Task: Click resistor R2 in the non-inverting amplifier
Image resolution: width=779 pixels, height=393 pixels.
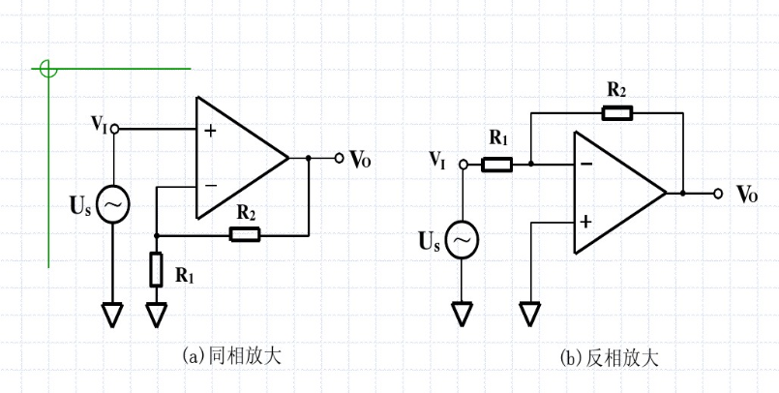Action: coord(243,233)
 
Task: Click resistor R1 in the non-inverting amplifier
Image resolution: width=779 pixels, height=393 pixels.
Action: coord(156,269)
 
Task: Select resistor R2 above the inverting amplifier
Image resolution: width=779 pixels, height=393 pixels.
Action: coord(616,113)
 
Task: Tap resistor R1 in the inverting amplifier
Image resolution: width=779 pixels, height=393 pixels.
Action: coord(496,165)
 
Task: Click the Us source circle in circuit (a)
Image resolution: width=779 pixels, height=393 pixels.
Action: coord(112,204)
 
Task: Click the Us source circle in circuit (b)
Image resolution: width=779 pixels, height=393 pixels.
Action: coord(462,239)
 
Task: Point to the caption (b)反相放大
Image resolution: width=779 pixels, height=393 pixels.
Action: coord(610,358)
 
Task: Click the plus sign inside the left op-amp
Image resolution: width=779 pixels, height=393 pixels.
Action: coord(210,130)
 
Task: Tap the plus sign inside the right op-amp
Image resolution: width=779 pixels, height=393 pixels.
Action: coord(585,222)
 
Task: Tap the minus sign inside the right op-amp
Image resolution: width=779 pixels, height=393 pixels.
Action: coord(585,165)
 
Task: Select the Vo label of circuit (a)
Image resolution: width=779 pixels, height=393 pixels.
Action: coord(360,160)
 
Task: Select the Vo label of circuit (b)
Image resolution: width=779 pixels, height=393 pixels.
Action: coord(746,195)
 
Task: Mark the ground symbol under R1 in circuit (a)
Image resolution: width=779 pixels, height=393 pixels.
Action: coord(156,315)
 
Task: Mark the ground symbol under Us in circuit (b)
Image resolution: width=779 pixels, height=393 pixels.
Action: coord(462,314)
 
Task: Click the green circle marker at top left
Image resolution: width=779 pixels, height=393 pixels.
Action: coord(48,70)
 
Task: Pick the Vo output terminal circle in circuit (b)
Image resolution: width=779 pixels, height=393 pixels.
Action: coord(718,194)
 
